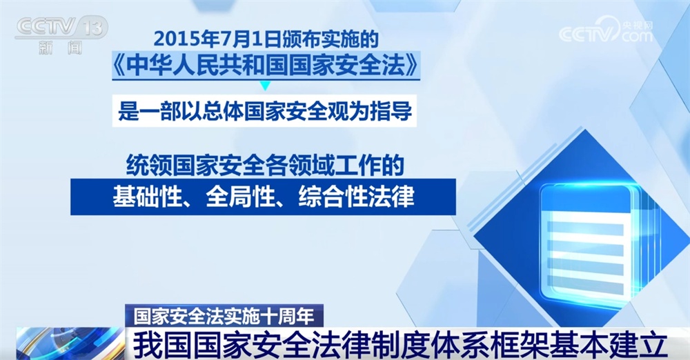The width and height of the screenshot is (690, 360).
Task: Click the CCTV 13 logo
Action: click(x=61, y=28)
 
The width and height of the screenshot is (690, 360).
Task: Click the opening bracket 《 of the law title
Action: click(x=119, y=68)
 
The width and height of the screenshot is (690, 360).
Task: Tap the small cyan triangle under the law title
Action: click(x=264, y=86)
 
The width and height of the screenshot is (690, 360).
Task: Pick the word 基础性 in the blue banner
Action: click(x=143, y=197)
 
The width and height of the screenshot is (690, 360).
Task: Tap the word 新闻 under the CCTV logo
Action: click(x=60, y=48)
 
